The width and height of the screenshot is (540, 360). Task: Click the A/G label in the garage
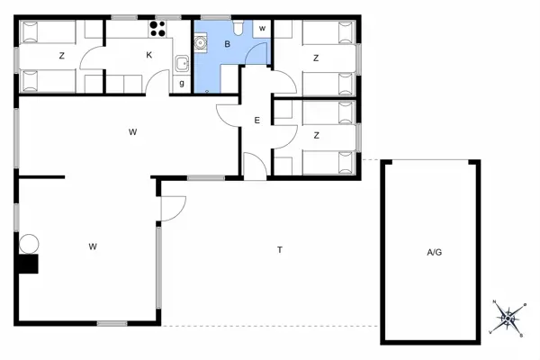(x=434, y=253)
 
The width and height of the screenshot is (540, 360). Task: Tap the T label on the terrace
(x=280, y=249)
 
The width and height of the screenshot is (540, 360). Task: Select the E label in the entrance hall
(x=256, y=121)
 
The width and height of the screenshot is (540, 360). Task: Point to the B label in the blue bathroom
(x=228, y=44)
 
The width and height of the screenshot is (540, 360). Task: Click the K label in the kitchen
(x=149, y=56)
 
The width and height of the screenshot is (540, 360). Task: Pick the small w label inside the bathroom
(x=262, y=29)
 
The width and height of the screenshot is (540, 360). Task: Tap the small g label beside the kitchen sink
(x=182, y=85)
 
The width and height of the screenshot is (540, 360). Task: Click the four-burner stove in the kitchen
(x=160, y=29)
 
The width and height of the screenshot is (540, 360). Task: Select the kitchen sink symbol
(x=182, y=63)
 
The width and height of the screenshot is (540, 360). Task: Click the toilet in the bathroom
(x=238, y=28)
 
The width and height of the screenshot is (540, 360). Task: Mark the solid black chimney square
(x=30, y=264)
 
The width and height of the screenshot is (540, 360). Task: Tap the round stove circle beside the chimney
(x=29, y=243)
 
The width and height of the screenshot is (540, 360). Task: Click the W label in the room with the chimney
(x=93, y=246)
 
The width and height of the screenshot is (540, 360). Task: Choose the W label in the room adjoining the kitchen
(x=132, y=132)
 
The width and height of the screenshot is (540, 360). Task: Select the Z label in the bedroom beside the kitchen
(x=61, y=56)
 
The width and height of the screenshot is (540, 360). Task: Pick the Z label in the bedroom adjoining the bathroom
(x=316, y=58)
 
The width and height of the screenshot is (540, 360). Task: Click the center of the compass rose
(x=507, y=317)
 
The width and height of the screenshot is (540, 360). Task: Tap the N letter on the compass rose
(x=494, y=302)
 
